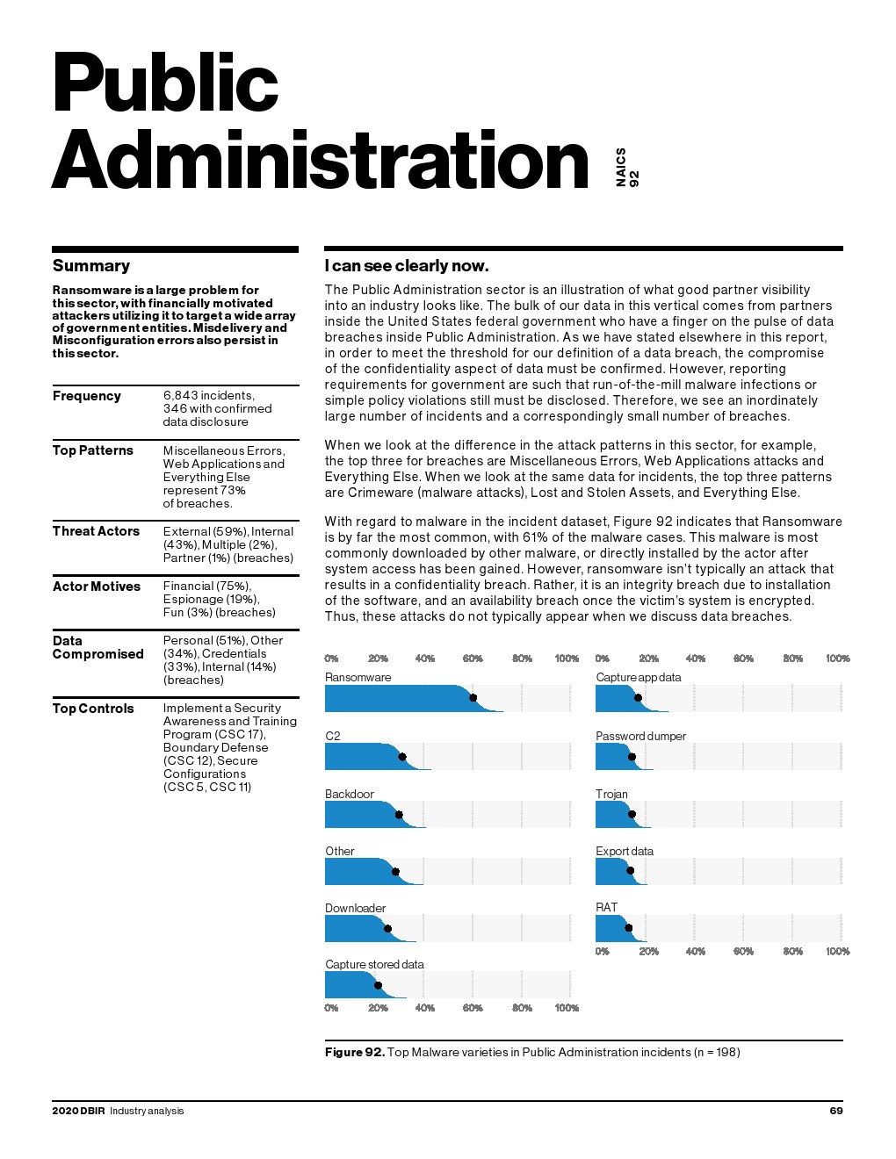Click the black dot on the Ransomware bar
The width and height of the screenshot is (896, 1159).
point(473,698)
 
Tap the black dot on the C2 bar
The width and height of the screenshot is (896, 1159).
point(402,757)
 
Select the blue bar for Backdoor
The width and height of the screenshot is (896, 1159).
point(360,814)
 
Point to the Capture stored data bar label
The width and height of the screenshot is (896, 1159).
point(374,964)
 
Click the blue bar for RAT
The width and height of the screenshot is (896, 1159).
point(610,928)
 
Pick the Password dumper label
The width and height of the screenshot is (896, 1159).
point(640,736)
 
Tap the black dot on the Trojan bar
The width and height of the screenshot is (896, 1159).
point(632,815)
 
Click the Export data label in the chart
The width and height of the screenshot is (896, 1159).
point(625,851)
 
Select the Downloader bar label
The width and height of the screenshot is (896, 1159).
point(355,908)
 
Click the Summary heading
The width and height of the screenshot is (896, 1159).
point(91,266)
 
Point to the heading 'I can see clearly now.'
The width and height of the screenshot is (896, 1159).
point(407,266)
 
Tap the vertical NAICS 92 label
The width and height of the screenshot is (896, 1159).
point(627,167)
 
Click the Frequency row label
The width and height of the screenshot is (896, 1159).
point(87,396)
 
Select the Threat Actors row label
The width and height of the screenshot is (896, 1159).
point(96,531)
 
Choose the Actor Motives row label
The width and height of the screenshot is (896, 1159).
point(97,587)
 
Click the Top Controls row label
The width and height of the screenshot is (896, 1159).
point(93,709)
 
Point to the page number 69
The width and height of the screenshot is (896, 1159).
point(836,1111)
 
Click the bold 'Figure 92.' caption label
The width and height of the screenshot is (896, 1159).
point(355,1052)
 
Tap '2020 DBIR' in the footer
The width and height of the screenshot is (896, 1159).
point(78,1111)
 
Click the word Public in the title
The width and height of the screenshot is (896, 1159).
point(165,83)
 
